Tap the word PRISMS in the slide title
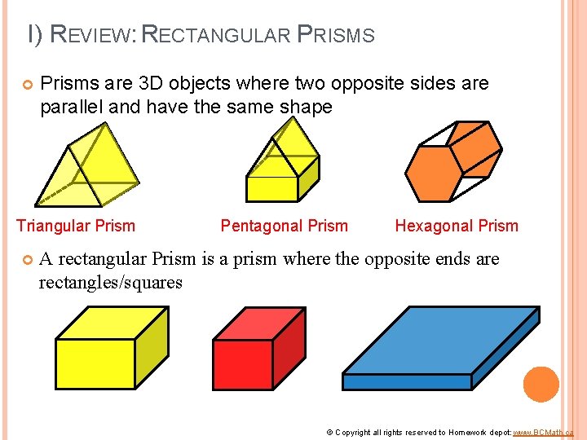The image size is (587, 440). point(336,35)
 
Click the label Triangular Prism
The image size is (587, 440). point(76,226)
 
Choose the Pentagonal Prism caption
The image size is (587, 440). point(284,227)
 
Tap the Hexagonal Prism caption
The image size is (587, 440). point(457,227)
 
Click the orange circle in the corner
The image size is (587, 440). point(541,384)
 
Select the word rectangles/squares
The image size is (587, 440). point(111,283)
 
